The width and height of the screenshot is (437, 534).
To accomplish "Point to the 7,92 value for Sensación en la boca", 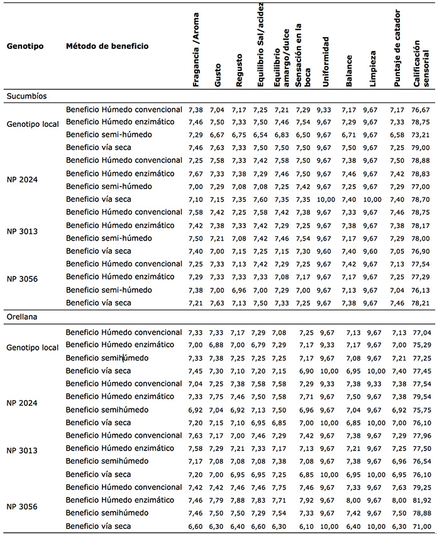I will click(306, 501).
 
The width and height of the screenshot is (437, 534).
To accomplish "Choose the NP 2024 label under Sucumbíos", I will click(23, 178).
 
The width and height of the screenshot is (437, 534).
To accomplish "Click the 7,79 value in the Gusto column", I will click(218, 501).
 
